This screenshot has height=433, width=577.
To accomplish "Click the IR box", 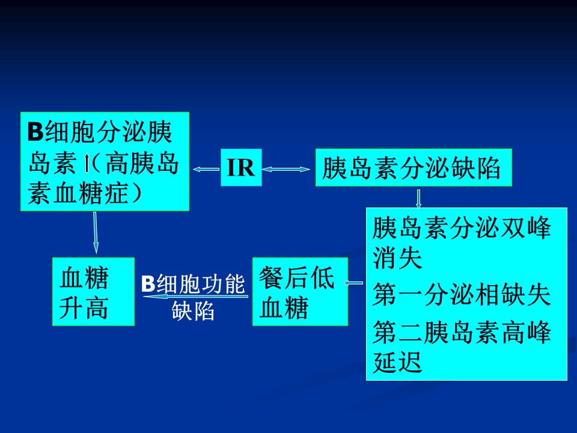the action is (x=241, y=168).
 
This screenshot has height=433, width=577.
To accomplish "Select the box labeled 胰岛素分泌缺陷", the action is (x=414, y=168).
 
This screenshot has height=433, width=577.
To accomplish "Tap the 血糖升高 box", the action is (x=94, y=292).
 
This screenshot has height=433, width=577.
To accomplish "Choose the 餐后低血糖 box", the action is (x=301, y=292).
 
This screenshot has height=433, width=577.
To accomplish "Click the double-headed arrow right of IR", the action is (x=286, y=169).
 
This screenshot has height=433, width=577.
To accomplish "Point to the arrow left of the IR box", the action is (x=206, y=169).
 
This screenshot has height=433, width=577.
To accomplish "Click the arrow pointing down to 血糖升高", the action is (x=96, y=232).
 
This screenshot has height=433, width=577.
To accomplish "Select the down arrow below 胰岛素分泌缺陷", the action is (x=418, y=199).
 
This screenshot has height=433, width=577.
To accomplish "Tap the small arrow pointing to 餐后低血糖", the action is (x=353, y=283).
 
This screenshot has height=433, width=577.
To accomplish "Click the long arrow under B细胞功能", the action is (x=195, y=296).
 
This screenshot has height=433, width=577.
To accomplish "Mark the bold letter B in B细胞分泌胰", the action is (x=35, y=131).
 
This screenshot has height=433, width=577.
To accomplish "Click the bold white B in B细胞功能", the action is (x=148, y=284).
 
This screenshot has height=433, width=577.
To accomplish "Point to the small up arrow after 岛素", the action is (x=87, y=164).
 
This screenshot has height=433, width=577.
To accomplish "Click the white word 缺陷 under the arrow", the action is (x=193, y=311).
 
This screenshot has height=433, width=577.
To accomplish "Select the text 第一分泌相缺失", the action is (x=462, y=295).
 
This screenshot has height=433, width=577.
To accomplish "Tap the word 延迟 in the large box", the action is (x=397, y=362).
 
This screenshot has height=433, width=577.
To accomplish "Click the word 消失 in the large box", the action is (x=397, y=258).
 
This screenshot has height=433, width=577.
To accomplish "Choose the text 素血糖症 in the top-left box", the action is (x=79, y=193).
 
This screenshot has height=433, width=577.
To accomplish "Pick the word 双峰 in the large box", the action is (x=527, y=227).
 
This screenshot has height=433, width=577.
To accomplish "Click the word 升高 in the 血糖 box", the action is (x=84, y=308).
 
